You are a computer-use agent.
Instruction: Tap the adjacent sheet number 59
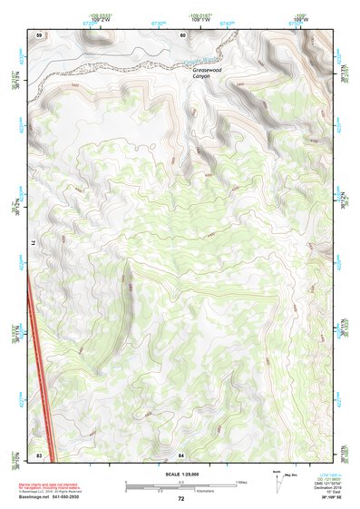(39, 34)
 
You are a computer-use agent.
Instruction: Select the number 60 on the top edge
(182, 34)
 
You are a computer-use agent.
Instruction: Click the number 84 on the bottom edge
(181, 454)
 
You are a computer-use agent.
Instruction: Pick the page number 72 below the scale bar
(180, 498)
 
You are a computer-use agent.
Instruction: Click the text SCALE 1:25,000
(180, 473)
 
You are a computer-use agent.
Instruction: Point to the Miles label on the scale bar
(241, 481)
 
